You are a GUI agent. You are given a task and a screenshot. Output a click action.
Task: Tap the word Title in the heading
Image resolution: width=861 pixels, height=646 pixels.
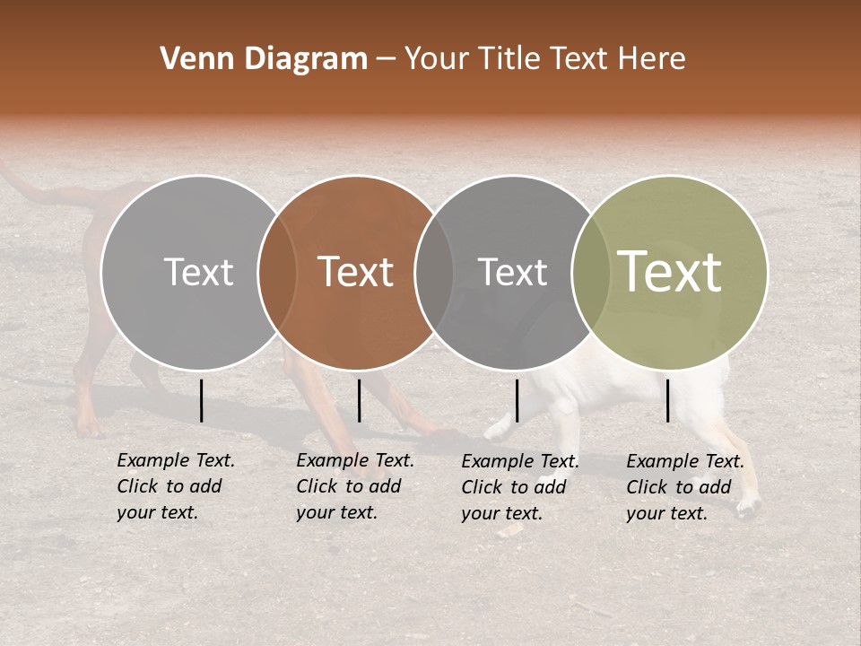(509, 59)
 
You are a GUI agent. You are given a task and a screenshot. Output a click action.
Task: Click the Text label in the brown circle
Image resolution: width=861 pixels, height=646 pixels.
(356, 272)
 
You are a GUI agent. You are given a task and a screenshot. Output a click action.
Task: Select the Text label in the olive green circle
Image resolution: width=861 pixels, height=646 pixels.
(670, 272)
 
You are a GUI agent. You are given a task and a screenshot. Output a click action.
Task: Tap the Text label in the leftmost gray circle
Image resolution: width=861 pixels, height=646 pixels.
(198, 272)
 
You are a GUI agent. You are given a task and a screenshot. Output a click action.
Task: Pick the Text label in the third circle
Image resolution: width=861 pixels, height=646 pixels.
(512, 272)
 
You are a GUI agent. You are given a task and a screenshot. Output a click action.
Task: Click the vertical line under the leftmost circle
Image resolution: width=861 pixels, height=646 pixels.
(201, 400)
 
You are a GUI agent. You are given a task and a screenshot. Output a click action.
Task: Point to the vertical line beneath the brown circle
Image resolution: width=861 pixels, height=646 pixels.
(359, 400)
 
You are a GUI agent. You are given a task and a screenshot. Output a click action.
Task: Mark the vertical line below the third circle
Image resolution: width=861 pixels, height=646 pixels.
(517, 400)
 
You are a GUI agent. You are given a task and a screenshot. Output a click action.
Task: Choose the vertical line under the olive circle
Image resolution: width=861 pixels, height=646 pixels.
(668, 400)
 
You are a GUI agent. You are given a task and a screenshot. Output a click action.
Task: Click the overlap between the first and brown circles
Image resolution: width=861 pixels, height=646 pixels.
(277, 272)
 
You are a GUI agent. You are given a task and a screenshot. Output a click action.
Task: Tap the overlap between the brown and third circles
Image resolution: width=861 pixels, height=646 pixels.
(434, 272)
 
